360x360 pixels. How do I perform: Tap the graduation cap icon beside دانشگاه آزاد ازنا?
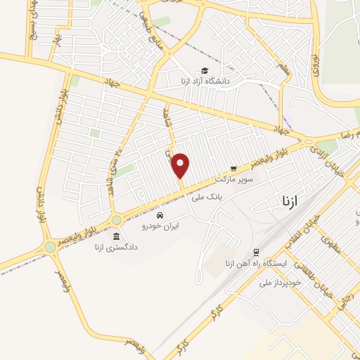point(204,70)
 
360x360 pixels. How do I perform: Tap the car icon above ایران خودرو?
point(161,214)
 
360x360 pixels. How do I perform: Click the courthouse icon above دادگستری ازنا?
point(115,236)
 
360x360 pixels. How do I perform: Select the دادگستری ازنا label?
point(115,247)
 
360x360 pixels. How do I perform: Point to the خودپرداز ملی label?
point(281,282)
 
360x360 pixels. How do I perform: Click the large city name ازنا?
point(289,202)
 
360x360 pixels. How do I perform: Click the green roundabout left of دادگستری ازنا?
point(50,247)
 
